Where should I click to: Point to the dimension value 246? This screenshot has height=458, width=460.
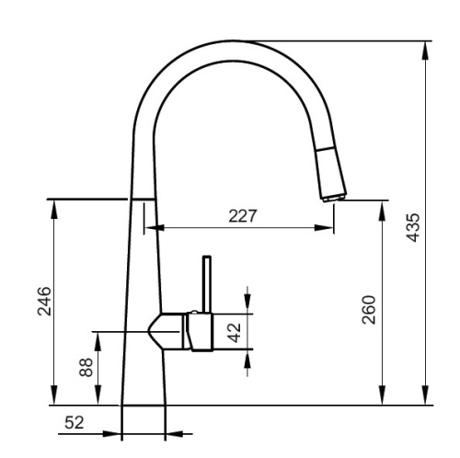pyautogui.click(x=44, y=301)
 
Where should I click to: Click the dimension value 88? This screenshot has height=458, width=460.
pyautogui.click(x=86, y=368)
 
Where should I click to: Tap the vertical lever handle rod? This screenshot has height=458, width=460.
pyautogui.click(x=207, y=285)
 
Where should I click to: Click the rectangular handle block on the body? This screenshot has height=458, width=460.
pyautogui.click(x=201, y=331)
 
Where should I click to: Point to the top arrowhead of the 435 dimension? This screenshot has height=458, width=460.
pyautogui.click(x=426, y=48)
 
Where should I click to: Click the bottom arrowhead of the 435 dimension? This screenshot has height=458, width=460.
pyautogui.click(x=426, y=397)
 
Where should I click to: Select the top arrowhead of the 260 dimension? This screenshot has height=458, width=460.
pyautogui.click(x=380, y=206)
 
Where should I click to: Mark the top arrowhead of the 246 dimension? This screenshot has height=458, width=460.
pyautogui.click(x=54, y=205)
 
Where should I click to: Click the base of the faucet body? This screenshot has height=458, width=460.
pyautogui.click(x=144, y=402)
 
